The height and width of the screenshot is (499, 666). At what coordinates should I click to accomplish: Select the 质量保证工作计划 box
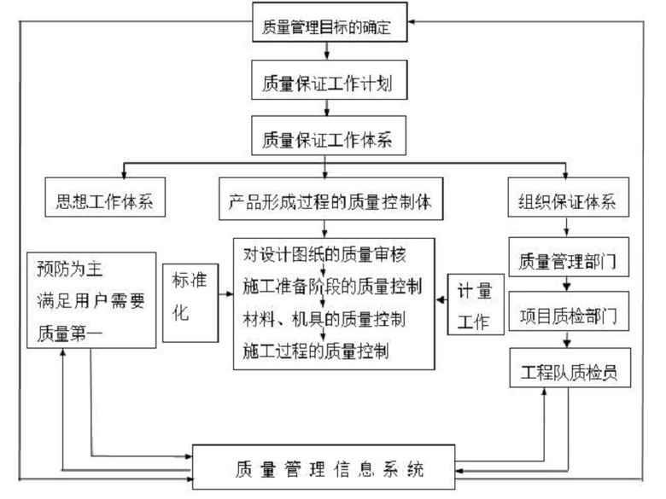[x=328, y=84]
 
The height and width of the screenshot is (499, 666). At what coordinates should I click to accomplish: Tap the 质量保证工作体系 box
[x=328, y=141]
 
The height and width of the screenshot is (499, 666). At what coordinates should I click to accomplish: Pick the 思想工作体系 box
[x=103, y=202]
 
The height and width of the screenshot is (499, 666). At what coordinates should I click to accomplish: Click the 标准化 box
[x=189, y=300]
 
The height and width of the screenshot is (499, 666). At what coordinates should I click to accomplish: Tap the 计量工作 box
[x=476, y=304]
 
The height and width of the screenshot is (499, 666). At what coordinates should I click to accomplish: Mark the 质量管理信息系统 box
[x=328, y=467]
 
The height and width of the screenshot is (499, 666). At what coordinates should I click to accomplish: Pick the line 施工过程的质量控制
[x=317, y=350]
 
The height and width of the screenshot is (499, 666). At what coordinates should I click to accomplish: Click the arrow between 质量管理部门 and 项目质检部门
[x=564, y=286]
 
